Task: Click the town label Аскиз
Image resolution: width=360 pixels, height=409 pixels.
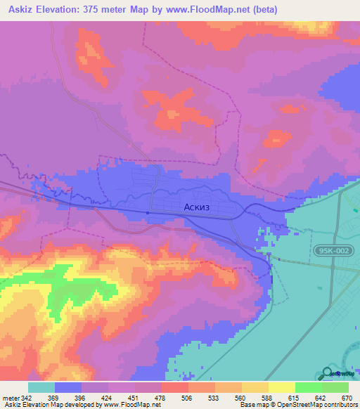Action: (195, 207)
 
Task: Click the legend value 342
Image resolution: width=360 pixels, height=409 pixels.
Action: (25, 397)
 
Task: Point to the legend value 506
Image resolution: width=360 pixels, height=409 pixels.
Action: (176, 397)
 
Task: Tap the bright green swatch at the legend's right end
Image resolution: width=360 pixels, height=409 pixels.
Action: (335, 387)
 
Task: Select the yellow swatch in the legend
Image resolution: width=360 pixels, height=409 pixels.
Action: (281, 387)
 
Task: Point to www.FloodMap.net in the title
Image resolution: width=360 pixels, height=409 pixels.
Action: (213, 10)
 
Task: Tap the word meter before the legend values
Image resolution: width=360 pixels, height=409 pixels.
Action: (9, 397)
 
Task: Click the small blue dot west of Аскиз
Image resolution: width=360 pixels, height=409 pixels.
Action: (148, 213)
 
